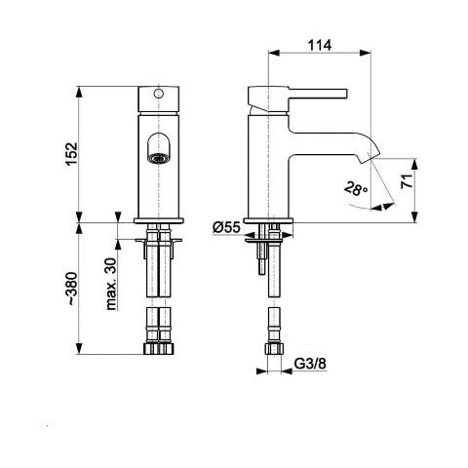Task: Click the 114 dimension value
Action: pos(320,46)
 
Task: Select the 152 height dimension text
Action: pos(71,154)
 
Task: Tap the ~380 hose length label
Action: pos(71,289)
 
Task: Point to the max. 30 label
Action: pos(111,284)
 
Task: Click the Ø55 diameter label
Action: pos(226,227)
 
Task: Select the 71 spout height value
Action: pos(407,181)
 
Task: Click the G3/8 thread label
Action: pos(310,364)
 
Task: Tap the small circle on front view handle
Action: pos(158,94)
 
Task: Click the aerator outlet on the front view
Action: pos(158,158)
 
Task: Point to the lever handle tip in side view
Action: pos(345,93)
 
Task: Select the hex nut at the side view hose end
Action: pos(274,348)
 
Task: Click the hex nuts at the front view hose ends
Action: pos(159,348)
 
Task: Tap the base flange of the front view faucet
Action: pos(158,220)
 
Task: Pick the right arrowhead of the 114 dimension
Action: pos(365,53)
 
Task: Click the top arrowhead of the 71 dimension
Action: pos(414,164)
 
